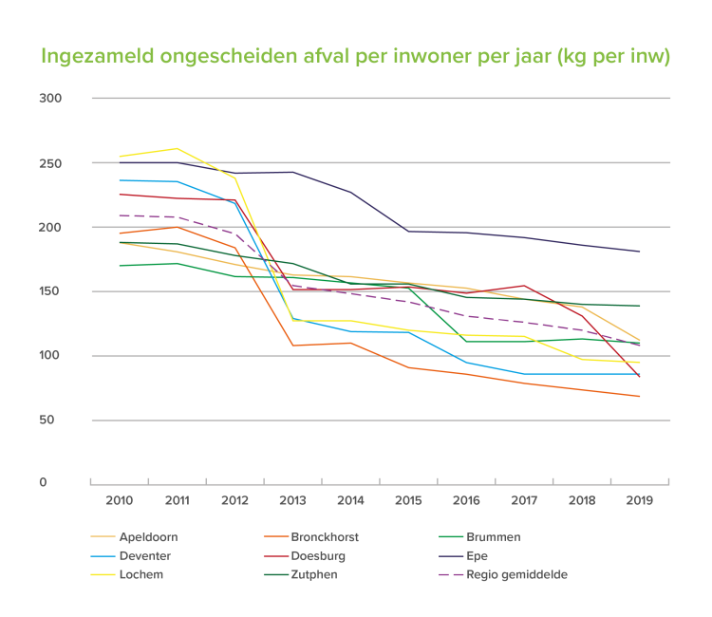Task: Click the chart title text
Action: point(356,56)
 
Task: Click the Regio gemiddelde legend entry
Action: point(513,573)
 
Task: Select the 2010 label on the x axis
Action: point(118,498)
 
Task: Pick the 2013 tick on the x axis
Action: point(291,498)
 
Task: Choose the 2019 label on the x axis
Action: point(639,498)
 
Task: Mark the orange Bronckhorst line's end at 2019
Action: point(639,396)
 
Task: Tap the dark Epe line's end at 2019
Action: point(639,252)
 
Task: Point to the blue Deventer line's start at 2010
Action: point(119,180)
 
